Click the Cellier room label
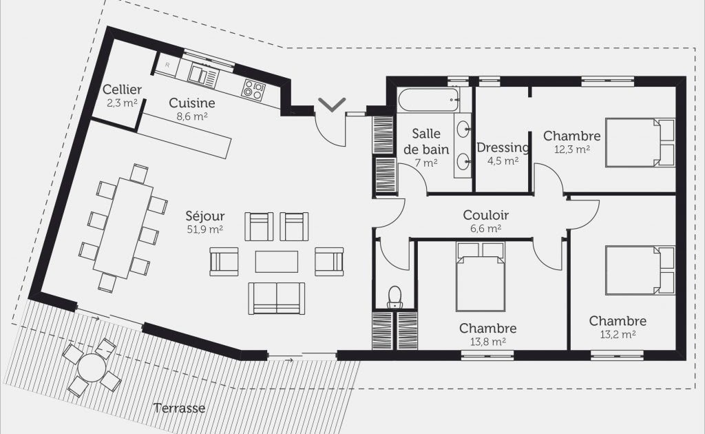pyautogui.click(x=122, y=90)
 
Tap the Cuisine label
pyautogui.click(x=192, y=103)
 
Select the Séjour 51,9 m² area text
pyautogui.click(x=205, y=229)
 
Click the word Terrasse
pyautogui.click(x=180, y=408)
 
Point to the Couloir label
pyautogui.click(x=485, y=215)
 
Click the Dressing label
pyautogui.click(x=503, y=147)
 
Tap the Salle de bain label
pyautogui.click(x=426, y=141)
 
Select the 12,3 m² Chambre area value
pyautogui.click(x=572, y=149)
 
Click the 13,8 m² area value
pyautogui.click(x=488, y=342)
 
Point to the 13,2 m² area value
pyautogui.click(x=618, y=335)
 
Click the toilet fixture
pyautogui.click(x=394, y=298)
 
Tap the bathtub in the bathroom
pyautogui.click(x=428, y=101)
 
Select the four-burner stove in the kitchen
pyautogui.click(x=253, y=89)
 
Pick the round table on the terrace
pyautogui.click(x=92, y=367)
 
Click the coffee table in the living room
pyautogui.click(x=277, y=262)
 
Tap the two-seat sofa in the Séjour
pyautogui.click(x=277, y=298)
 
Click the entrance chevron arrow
pyautogui.click(x=332, y=104)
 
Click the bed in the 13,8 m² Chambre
pyautogui.click(x=480, y=277)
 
